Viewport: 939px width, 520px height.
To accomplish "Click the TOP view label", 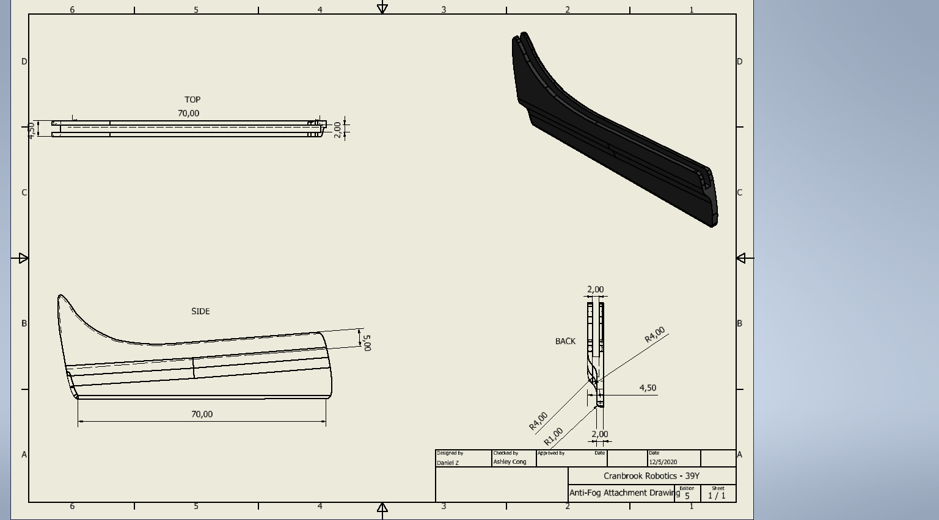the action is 192,99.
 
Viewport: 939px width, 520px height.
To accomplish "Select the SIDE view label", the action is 200,311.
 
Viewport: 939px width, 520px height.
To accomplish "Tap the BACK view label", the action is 565,342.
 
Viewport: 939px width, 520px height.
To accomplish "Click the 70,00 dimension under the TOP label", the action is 189,114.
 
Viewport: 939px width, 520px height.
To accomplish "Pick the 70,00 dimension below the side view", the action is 202,414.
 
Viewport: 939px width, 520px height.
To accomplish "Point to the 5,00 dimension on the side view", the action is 367,343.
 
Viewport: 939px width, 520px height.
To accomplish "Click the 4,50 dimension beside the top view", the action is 31,131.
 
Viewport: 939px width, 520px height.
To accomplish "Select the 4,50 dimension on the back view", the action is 648,388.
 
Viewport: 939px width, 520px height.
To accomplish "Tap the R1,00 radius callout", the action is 554,436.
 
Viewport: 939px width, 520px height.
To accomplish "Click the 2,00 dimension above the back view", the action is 595,290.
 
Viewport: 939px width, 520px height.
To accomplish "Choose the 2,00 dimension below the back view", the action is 600,435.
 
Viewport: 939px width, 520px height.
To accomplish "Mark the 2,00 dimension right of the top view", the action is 337,130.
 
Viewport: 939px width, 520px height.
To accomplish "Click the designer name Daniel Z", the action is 448,463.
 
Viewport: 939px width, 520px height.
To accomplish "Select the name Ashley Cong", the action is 510,462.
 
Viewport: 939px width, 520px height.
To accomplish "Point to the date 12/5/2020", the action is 663,462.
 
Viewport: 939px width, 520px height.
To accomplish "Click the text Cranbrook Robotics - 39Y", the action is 651,476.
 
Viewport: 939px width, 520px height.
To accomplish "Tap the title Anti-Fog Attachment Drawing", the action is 624,493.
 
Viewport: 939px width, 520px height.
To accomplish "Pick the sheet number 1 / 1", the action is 717,496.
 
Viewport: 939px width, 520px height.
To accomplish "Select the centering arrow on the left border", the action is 23,258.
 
